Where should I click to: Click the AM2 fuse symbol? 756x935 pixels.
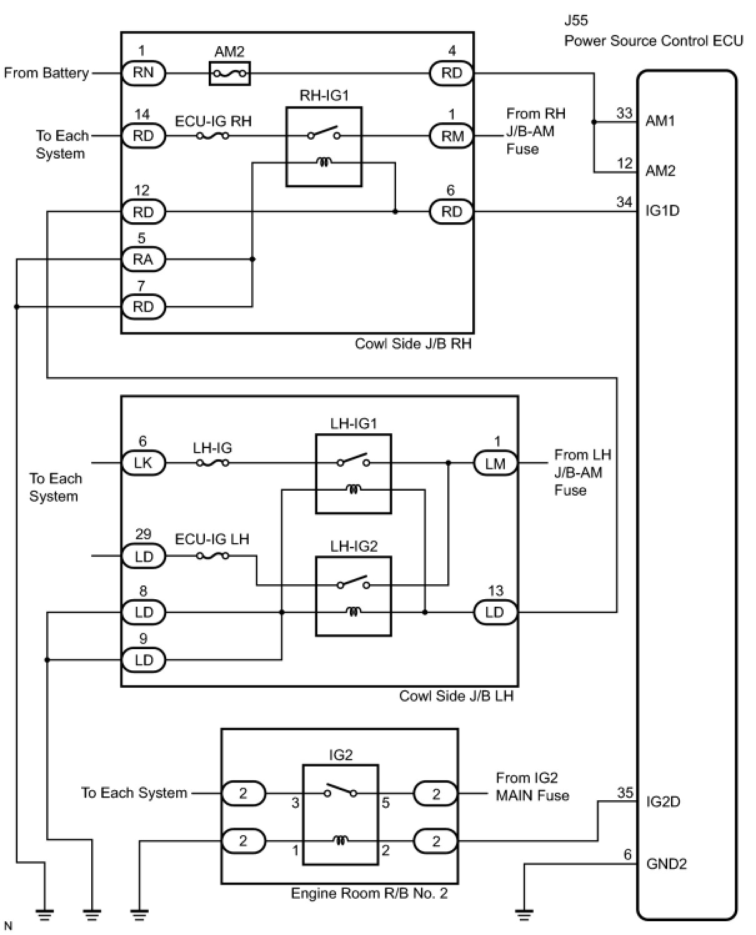pos(229,74)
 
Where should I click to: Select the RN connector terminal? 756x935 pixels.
pos(143,72)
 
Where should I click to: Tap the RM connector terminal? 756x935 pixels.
pos(452,136)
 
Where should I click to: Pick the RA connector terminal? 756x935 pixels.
pos(143,259)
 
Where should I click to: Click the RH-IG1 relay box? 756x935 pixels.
pos(324,147)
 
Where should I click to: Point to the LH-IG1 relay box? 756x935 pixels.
pos(354,474)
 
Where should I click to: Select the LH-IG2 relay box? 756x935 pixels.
pos(354,596)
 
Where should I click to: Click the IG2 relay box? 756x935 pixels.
pos(341,815)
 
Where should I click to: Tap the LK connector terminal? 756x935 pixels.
pos(143,463)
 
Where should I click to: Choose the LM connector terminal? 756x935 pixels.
pos(495,463)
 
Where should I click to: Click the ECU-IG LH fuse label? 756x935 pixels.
pos(212,539)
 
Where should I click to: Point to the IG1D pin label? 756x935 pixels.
pos(662,210)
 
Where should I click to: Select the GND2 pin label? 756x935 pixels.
pos(667,864)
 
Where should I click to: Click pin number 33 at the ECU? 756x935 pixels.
pos(624,113)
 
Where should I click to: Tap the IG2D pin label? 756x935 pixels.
pos(663,801)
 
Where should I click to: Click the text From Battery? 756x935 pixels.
pos(46,73)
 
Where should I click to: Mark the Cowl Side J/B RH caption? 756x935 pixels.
pos(413,344)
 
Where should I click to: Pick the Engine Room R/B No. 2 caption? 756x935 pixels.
pos(369,894)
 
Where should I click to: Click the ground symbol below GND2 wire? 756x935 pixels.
pos(524,915)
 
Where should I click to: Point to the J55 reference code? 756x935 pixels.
pos(576,20)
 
